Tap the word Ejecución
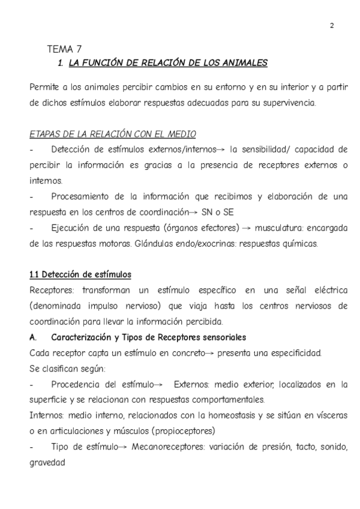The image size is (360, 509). point(72,227)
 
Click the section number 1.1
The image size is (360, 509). point(35,274)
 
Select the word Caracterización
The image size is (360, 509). point(86,337)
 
